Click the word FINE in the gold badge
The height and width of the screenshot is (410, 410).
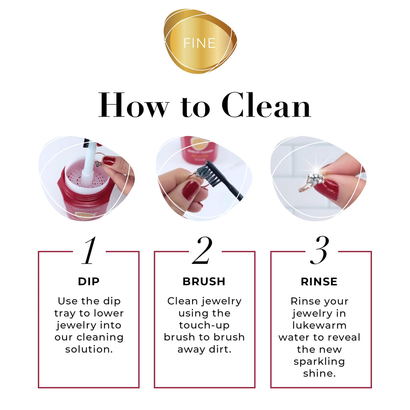click(199, 43)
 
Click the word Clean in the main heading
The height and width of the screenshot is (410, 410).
click(266, 105)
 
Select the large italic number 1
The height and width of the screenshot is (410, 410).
click(89, 251)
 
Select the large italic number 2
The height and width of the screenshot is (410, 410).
click(202, 251)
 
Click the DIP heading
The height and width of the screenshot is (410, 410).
click(88, 281)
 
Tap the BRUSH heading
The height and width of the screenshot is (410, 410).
click(204, 281)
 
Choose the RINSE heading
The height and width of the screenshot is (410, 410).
click(319, 281)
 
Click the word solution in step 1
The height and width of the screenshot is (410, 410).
click(89, 349)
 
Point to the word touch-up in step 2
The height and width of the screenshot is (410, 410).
click(204, 325)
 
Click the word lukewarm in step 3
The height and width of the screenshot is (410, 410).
click(319, 325)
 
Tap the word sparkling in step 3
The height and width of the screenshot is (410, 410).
click(319, 361)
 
